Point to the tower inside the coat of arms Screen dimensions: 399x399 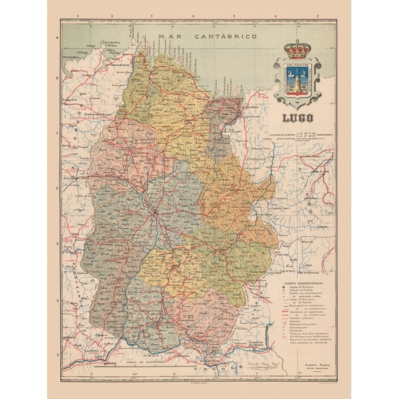296,82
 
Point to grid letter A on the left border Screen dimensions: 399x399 57,39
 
